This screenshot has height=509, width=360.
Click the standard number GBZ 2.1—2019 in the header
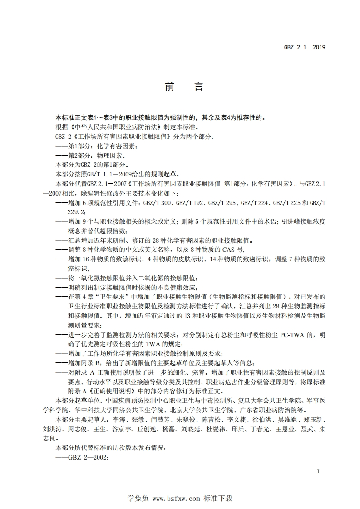click(x=305, y=47)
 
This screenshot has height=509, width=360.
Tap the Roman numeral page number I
click(x=319, y=471)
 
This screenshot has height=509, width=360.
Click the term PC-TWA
click(x=281, y=335)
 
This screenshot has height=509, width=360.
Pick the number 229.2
click(x=76, y=211)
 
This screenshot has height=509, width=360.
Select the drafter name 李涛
click(x=106, y=419)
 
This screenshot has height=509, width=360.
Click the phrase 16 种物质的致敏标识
click(x=104, y=259)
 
